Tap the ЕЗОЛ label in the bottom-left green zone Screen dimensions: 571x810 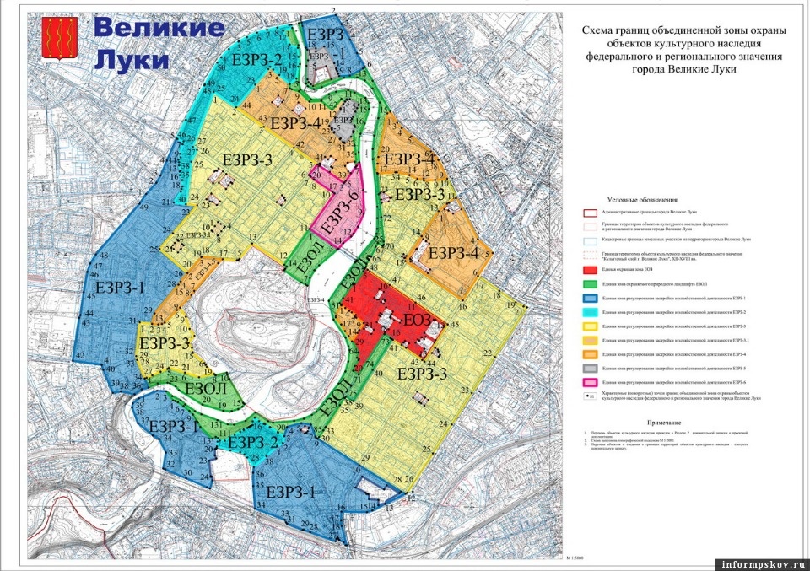[204, 389]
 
